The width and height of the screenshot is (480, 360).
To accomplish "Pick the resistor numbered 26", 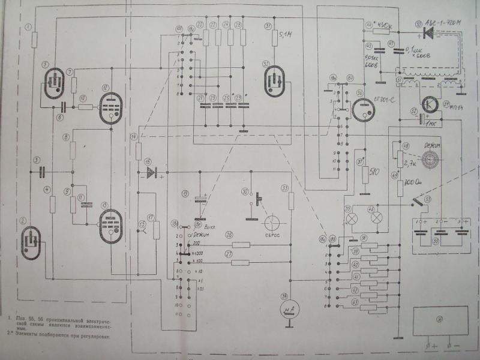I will click(x=241, y=245).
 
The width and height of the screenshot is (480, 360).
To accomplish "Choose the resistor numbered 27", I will click(x=241, y=262).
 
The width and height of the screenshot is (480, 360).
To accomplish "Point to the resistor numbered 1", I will click(x=34, y=40).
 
